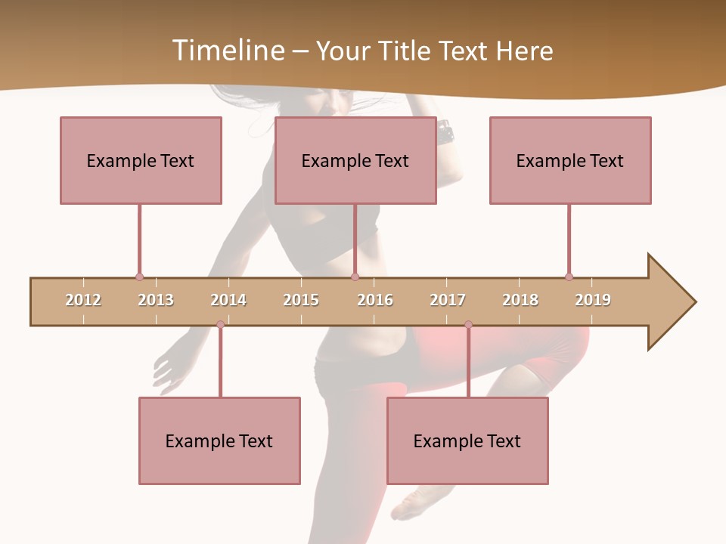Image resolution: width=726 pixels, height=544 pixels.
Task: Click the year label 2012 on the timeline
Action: point(83,300)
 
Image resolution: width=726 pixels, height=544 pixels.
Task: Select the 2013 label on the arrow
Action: point(156,300)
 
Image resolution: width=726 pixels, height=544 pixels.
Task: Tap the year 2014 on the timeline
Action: point(228,300)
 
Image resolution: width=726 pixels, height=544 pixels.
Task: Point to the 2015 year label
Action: point(301,300)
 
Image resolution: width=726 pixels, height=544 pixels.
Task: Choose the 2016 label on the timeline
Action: point(375,300)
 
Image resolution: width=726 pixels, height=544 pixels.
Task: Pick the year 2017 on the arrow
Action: point(448,300)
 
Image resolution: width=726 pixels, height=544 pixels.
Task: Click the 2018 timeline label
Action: point(520,300)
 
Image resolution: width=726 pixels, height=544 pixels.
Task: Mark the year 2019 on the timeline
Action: point(593,300)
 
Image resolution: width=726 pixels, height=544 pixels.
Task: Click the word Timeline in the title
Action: point(227,51)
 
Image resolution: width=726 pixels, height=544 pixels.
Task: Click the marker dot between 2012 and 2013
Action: point(139,277)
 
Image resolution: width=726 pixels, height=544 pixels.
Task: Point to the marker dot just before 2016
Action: point(355,277)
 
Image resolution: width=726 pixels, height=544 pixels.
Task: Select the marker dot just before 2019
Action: point(569,277)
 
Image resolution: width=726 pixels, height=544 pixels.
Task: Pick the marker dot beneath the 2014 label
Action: point(220,325)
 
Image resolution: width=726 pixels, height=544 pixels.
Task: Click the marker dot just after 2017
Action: point(468,325)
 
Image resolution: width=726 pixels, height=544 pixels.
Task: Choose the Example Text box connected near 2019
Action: point(570,160)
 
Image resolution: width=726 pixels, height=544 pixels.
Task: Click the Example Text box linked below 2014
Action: point(219,440)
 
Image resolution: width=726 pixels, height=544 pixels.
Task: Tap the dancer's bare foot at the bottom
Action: point(413,502)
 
